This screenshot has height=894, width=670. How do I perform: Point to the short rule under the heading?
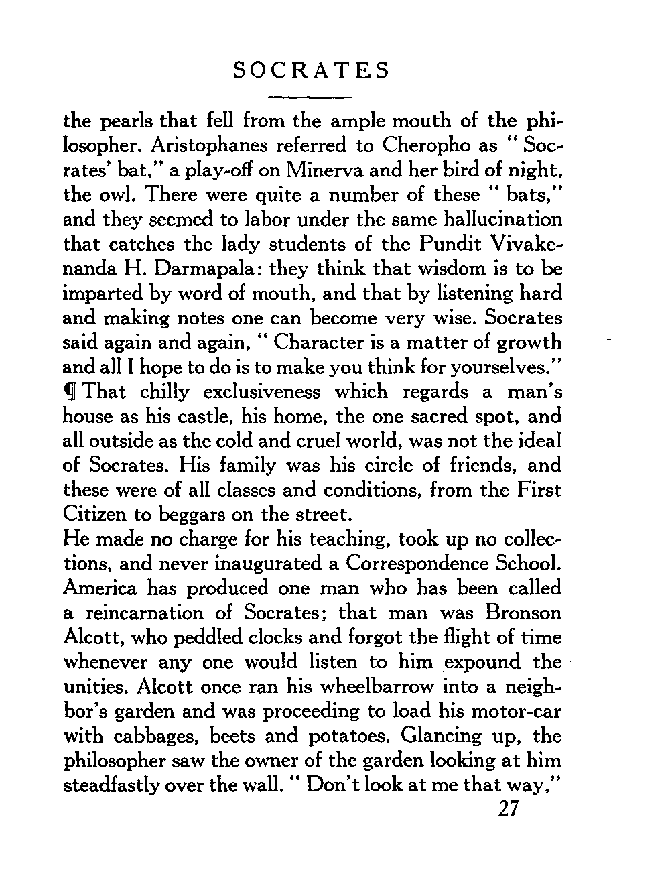pyautogui.click(x=310, y=97)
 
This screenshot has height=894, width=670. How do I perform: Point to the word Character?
pyautogui.click(x=328, y=343)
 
